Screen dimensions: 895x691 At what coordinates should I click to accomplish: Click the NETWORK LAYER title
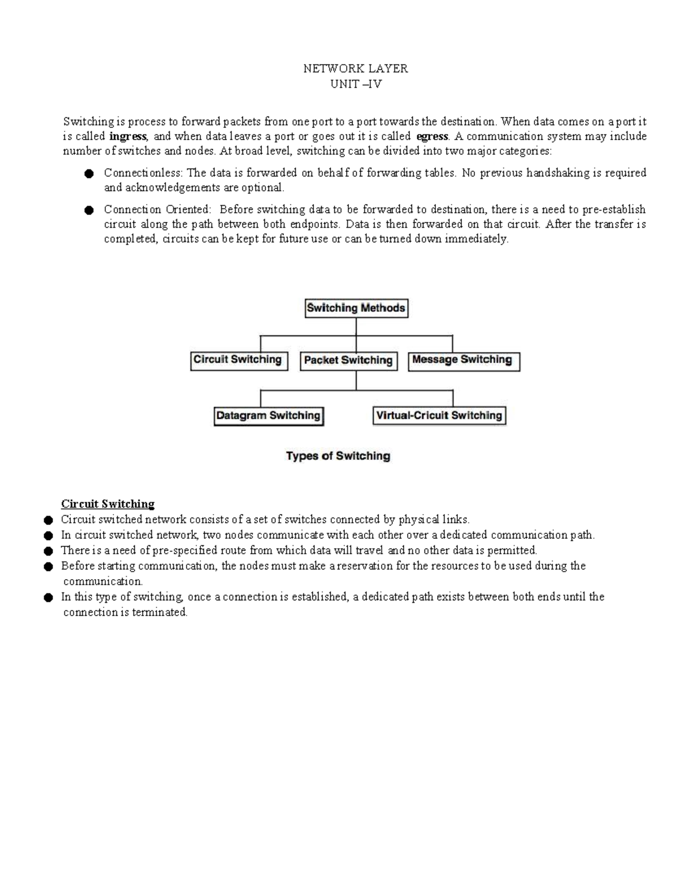(x=355, y=69)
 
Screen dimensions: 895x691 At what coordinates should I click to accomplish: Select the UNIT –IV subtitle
(x=355, y=84)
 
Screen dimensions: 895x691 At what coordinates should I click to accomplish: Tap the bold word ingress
(x=128, y=137)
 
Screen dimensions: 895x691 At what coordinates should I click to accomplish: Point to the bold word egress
(x=432, y=137)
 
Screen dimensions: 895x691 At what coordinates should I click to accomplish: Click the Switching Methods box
(x=356, y=308)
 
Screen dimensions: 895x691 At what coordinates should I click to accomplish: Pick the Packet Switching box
(x=348, y=361)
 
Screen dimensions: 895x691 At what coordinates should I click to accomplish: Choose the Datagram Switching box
(x=268, y=416)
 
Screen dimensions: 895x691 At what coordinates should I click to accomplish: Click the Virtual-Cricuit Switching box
(x=439, y=416)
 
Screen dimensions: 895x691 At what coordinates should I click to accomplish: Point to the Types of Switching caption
(x=338, y=456)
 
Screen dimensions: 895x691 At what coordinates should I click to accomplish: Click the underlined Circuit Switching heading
(x=108, y=504)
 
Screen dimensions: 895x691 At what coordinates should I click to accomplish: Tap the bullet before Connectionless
(x=89, y=173)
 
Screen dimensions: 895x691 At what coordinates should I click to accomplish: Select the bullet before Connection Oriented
(x=89, y=210)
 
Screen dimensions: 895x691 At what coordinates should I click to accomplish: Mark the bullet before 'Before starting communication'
(x=48, y=567)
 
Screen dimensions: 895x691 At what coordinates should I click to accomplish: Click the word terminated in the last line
(x=160, y=613)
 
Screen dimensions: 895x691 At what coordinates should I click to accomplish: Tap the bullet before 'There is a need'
(x=48, y=551)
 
